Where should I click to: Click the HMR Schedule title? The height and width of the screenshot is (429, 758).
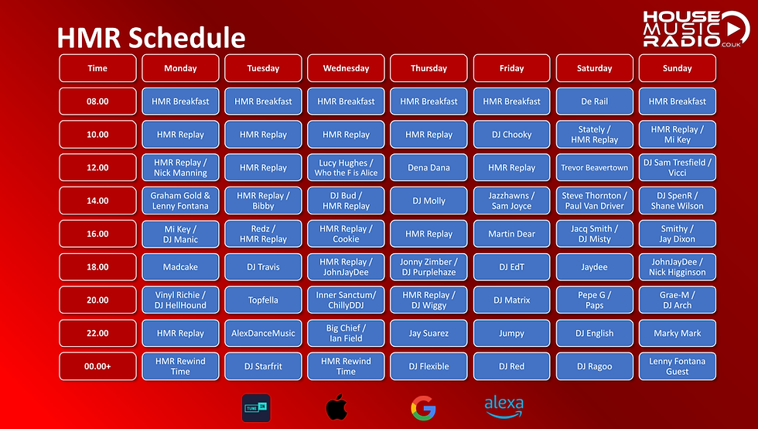(x=152, y=37)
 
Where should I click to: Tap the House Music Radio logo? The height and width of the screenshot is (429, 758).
(x=695, y=30)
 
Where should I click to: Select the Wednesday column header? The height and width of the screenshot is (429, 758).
(x=346, y=68)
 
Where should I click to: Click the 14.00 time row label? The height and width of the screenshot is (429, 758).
(x=97, y=201)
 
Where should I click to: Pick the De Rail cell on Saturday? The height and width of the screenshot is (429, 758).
(x=594, y=101)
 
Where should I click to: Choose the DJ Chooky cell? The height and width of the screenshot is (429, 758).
(x=511, y=135)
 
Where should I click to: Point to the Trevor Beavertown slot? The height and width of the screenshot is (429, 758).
(x=594, y=168)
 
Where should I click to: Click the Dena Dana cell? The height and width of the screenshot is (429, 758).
(x=429, y=168)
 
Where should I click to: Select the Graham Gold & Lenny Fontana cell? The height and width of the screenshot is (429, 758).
(x=180, y=201)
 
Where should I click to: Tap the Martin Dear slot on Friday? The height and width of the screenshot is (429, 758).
(x=511, y=234)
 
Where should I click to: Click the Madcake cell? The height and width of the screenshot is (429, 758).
(x=180, y=267)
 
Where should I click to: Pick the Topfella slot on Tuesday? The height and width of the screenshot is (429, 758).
(x=263, y=300)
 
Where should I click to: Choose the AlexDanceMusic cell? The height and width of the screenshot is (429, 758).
(x=263, y=334)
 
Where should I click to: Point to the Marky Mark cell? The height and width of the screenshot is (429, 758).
(x=677, y=334)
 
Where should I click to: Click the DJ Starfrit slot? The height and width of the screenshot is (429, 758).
(x=263, y=367)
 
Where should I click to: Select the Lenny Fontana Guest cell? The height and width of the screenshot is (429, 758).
(x=677, y=367)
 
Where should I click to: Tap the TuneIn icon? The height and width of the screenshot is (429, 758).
(x=256, y=407)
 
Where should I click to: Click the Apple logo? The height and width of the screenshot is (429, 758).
(x=336, y=407)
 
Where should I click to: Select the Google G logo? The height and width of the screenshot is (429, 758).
(x=422, y=407)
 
